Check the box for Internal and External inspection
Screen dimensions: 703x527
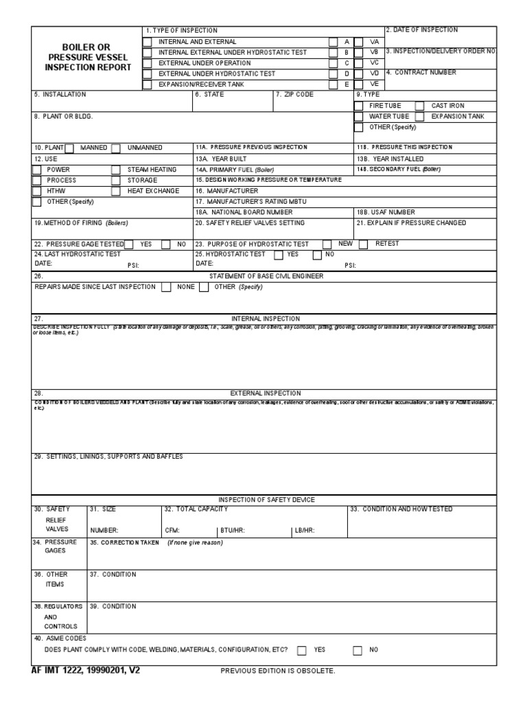(147, 42)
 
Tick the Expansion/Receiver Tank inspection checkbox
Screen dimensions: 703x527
(147, 84)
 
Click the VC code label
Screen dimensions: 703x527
(374, 63)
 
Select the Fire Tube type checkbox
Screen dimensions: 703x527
(360, 106)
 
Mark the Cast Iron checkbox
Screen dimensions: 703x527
(419, 106)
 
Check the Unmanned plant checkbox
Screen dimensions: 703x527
(116, 148)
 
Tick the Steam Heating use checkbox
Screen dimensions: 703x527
(116, 170)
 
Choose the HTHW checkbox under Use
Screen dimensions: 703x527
(36, 191)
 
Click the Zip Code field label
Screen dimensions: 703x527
(294, 95)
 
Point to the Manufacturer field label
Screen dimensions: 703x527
(226, 191)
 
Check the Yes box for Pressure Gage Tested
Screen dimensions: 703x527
(129, 244)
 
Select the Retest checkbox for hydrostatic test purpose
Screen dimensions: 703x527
(363, 244)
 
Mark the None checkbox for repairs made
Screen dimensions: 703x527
(166, 288)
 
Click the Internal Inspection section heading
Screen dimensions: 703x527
(265, 319)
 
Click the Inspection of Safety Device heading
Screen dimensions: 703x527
(266, 499)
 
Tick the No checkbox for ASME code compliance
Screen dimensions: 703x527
(358, 650)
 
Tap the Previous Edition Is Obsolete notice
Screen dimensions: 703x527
(277, 671)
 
